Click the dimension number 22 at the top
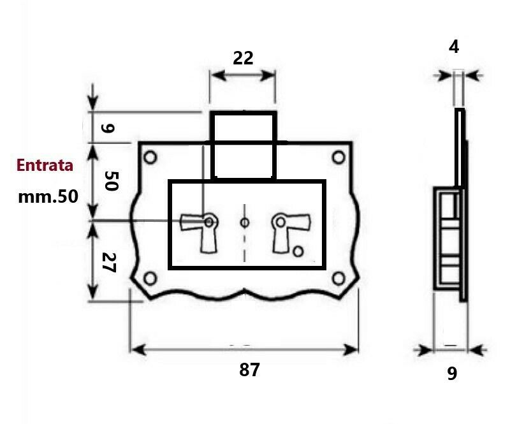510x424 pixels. (243, 58)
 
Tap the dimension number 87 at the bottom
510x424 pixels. (249, 370)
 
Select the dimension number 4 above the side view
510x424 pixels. (454, 47)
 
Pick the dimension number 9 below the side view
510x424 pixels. (452, 374)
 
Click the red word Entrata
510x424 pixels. (45, 165)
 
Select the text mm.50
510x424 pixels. (48, 196)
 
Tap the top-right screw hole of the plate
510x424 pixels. (337, 157)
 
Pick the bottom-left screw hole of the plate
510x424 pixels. (150, 278)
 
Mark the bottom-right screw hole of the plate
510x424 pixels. (337, 278)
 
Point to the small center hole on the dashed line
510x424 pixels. (244, 223)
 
